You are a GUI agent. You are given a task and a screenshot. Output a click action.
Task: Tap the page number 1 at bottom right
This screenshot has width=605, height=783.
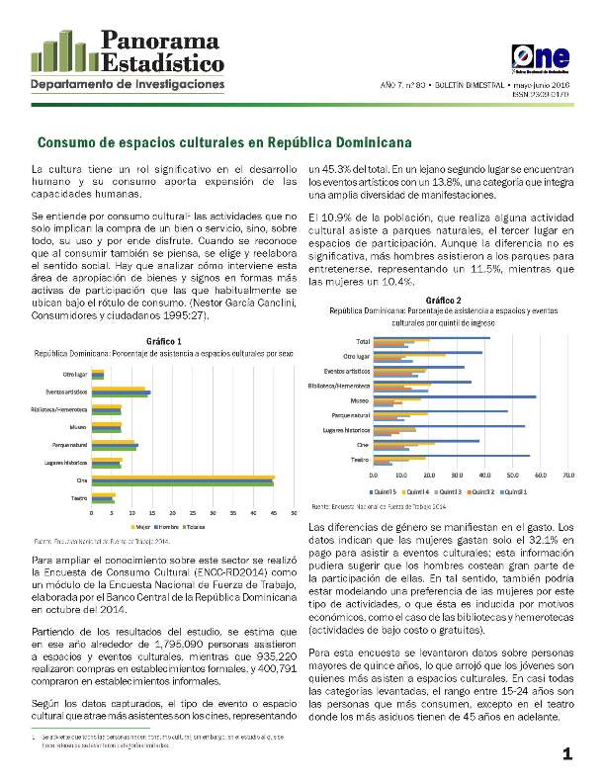tap(567, 755)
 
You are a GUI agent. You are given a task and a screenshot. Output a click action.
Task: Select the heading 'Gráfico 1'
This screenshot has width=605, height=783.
tap(163, 341)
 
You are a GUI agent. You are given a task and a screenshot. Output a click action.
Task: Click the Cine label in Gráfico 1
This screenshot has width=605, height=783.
tap(82, 480)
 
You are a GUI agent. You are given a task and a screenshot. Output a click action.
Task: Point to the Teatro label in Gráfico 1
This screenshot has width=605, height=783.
tap(79, 498)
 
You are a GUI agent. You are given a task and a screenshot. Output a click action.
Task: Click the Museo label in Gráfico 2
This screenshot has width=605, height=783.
tap(360, 400)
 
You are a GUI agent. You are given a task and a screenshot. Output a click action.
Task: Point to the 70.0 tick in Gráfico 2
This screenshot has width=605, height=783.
tap(568, 476)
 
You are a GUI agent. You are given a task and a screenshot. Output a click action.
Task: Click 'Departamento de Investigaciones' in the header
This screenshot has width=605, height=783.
tap(129, 85)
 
